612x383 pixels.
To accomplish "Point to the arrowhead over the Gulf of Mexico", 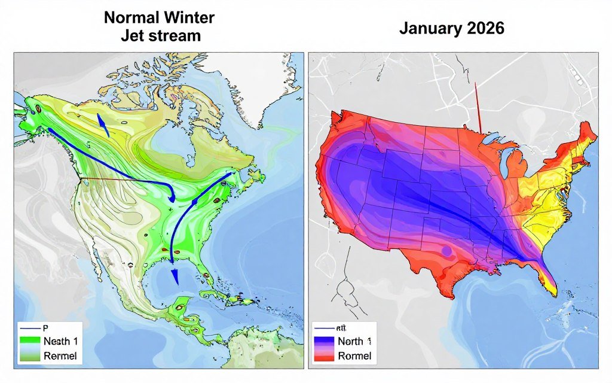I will point(175,276).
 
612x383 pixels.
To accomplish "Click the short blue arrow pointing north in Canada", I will point(103,124).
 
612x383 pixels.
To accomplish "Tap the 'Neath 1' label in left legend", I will point(60,342).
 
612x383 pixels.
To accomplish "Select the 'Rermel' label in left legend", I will point(60,355).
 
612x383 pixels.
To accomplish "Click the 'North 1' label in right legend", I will point(354,342).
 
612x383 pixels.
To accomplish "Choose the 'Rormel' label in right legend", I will point(354,355).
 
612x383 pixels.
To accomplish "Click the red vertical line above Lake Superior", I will point(478,108).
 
